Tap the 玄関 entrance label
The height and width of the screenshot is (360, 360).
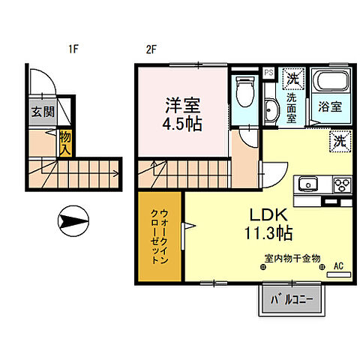click(41, 112)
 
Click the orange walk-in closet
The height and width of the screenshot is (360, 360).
click(159, 235)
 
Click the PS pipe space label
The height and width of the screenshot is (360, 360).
click(268, 72)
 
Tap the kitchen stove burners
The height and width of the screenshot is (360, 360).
click(343, 184)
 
